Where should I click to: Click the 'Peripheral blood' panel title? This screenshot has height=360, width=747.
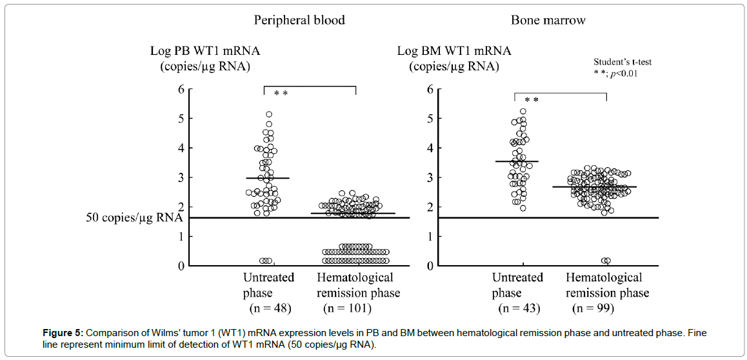point(299,20)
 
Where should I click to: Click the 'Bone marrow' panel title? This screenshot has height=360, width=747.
point(548,20)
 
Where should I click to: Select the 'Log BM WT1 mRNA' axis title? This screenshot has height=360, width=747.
point(453,51)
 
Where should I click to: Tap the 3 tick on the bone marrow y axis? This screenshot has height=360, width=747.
point(429,177)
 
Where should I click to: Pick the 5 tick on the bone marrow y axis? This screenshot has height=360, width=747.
point(429,119)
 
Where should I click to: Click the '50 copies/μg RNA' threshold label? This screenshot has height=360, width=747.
point(134,217)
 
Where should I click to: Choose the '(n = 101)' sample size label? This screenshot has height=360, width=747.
point(346,308)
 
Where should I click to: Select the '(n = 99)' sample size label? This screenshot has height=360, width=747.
point(593,308)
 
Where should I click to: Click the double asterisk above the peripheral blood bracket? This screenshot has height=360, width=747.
point(281,94)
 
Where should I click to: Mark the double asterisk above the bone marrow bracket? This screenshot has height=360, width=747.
point(531,100)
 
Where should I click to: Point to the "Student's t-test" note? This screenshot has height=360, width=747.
point(622,62)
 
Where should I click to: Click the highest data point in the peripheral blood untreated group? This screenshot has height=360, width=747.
point(269,115)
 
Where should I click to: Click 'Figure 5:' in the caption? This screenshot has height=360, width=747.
point(63,333)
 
